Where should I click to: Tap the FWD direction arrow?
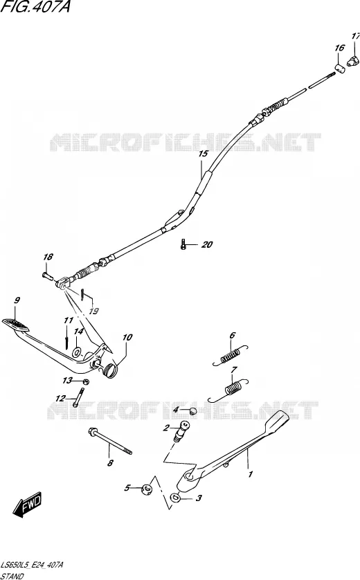(28, 505)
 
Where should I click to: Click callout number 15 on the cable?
(203, 154)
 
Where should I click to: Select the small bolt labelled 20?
(183, 244)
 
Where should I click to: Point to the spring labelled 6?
(231, 356)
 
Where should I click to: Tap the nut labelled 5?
(147, 489)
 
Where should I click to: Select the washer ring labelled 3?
(175, 498)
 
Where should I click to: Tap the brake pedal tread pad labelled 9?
(15, 325)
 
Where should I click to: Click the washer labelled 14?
(77, 352)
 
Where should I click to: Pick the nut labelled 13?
(84, 381)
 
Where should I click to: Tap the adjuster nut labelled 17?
(354, 61)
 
